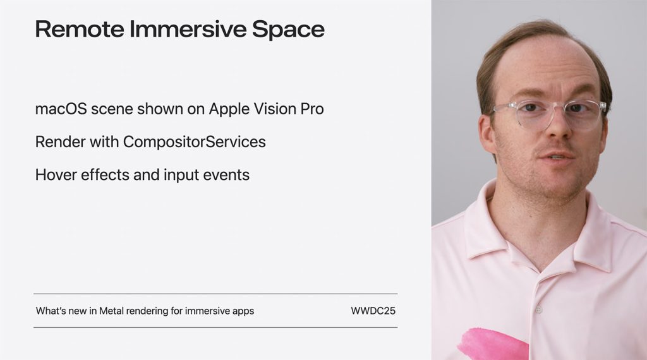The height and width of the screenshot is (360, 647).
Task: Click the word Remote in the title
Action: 80,29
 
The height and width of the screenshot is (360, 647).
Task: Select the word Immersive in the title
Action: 188,29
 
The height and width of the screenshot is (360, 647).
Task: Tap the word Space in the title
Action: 288,30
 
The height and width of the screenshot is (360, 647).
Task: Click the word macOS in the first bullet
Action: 61,109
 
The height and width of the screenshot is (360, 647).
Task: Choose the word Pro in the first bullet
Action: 311,109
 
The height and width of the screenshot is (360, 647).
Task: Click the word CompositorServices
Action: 195,142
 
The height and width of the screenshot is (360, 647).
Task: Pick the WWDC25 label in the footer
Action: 373,311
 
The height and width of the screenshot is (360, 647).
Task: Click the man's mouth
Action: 556,157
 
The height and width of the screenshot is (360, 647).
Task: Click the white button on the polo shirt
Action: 538,309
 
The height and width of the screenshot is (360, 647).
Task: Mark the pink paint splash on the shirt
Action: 493,344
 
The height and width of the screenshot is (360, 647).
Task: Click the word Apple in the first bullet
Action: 229,109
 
